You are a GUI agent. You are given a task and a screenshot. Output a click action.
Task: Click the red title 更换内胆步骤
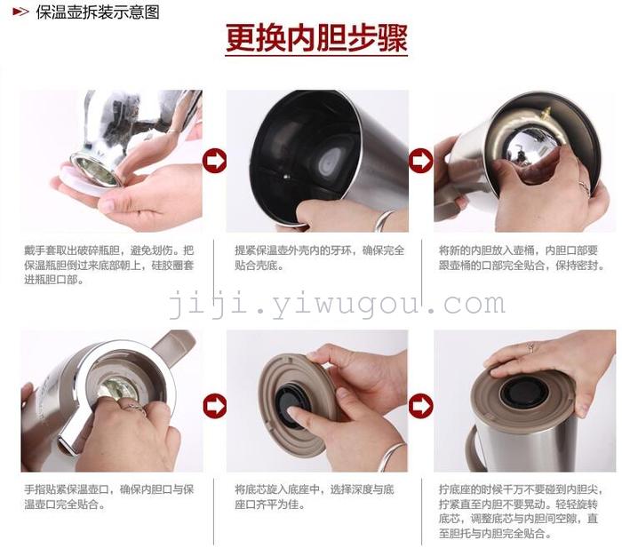tap(316, 38)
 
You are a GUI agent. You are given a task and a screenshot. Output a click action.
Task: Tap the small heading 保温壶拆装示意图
tap(98, 12)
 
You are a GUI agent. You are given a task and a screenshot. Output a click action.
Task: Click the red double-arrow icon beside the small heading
tap(20, 12)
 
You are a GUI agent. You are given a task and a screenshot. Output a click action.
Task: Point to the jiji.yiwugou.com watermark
tap(338, 304)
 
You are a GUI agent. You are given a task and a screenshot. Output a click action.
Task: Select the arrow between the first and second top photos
tap(214, 161)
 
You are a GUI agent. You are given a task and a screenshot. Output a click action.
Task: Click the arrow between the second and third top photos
tap(420, 161)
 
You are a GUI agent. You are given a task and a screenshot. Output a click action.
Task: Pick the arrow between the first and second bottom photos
tap(215, 405)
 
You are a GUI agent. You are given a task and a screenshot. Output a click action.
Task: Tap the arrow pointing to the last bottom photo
tap(420, 405)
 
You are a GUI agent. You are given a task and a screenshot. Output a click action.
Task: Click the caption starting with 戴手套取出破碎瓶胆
tap(109, 265)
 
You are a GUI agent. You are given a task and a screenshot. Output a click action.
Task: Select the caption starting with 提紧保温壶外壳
tap(319, 258)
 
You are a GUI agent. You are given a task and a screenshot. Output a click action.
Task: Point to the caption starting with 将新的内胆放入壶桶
tap(522, 258)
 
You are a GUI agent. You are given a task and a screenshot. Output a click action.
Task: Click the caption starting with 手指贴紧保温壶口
tap(109, 496)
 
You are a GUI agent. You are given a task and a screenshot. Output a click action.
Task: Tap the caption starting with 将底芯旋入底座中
tap(315, 496)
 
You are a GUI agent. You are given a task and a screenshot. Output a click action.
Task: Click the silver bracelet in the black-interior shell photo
tap(384, 220)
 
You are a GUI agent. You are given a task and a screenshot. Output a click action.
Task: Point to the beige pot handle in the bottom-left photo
tap(173, 345)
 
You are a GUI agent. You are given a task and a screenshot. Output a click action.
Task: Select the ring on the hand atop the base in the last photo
tap(530, 348)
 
